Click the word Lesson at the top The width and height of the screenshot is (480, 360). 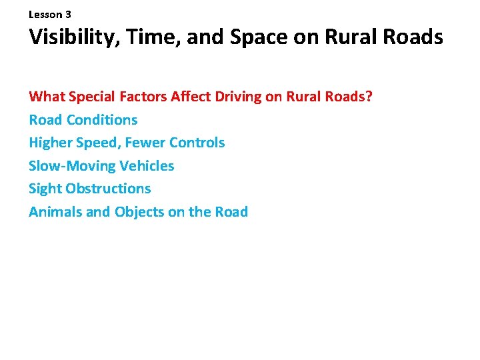(x=45, y=14)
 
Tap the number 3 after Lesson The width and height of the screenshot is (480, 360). (x=68, y=14)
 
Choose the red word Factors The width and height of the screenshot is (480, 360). (x=142, y=97)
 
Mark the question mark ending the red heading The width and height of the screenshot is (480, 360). (x=369, y=97)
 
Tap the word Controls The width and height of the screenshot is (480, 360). (x=197, y=143)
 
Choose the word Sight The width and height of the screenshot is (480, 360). (x=45, y=189)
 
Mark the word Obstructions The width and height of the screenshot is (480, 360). (x=109, y=189)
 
